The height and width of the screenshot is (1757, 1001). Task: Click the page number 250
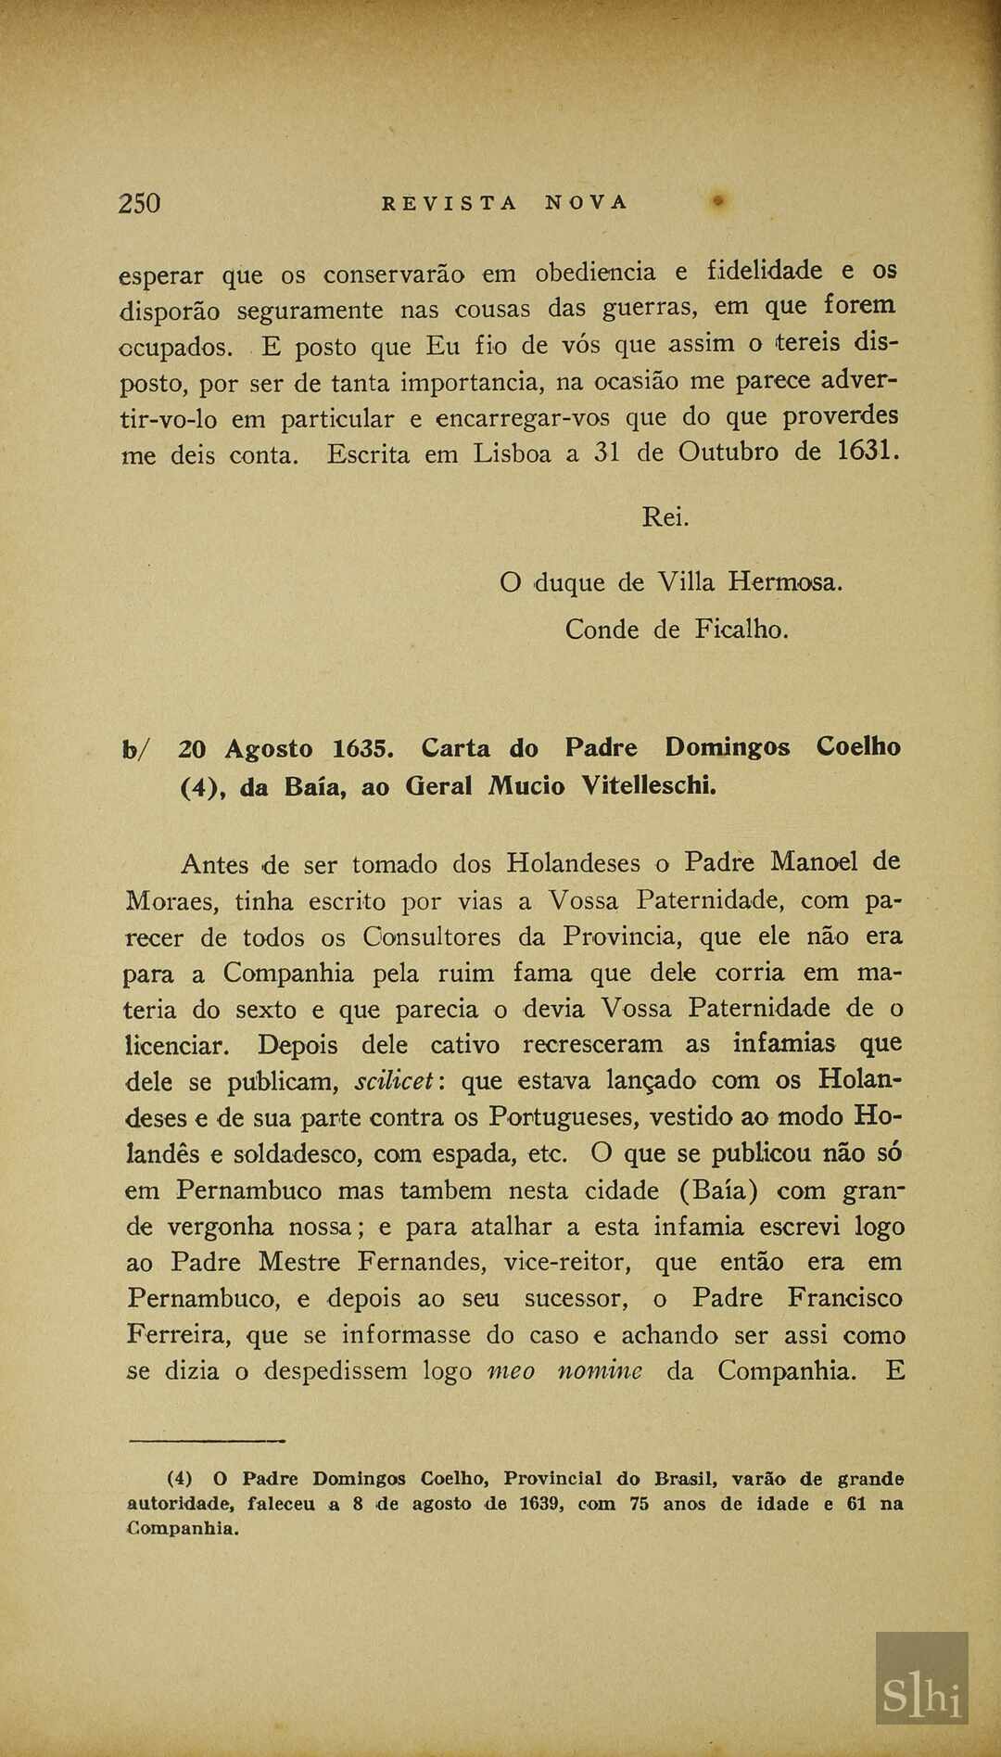[x=139, y=203]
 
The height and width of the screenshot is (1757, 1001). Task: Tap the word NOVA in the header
[x=586, y=203]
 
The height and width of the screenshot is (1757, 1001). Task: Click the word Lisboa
[x=512, y=453]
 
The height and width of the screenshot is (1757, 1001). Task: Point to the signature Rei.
[x=665, y=517]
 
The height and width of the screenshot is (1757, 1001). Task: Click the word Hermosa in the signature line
[x=784, y=582]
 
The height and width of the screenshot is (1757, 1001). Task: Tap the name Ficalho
[x=741, y=630]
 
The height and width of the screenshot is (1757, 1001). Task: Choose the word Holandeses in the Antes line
[x=573, y=863]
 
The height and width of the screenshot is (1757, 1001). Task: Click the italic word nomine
[x=599, y=1370]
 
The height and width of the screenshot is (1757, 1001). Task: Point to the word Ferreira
[x=179, y=1335]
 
